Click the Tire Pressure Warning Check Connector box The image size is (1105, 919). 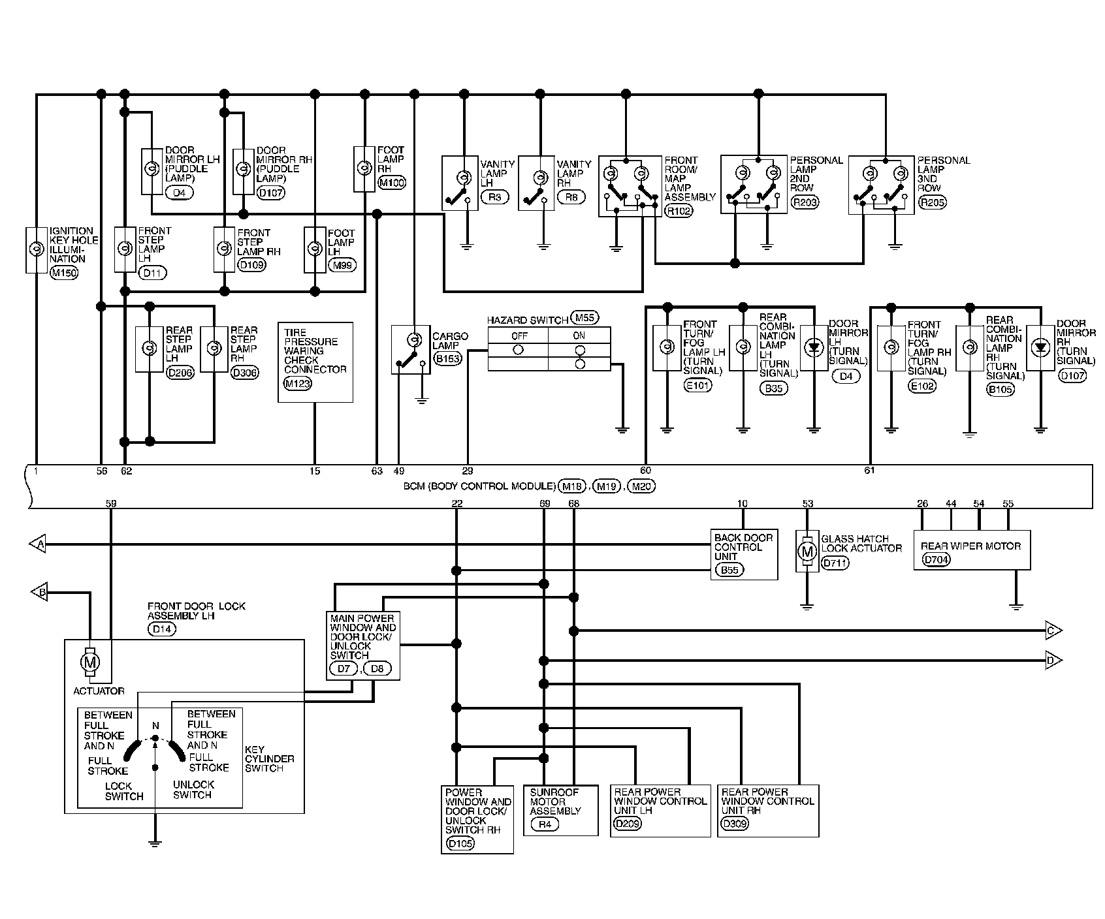tap(315, 362)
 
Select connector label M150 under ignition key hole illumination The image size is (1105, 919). tap(64, 273)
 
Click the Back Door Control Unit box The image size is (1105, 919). tap(744, 553)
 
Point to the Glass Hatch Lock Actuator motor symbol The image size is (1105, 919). tap(808, 552)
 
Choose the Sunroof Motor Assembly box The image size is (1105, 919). tap(560, 809)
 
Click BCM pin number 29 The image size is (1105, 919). tap(468, 471)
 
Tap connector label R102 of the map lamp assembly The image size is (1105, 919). tap(679, 211)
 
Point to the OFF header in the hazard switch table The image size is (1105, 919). tap(519, 335)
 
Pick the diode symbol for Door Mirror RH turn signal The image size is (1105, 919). tap(1040, 348)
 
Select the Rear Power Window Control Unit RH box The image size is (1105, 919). tap(767, 810)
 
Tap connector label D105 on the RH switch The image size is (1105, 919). tap(460, 843)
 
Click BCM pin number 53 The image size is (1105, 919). tap(808, 503)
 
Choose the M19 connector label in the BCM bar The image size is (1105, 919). tap(607, 486)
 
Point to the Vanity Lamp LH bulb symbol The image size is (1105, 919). tap(463, 178)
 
